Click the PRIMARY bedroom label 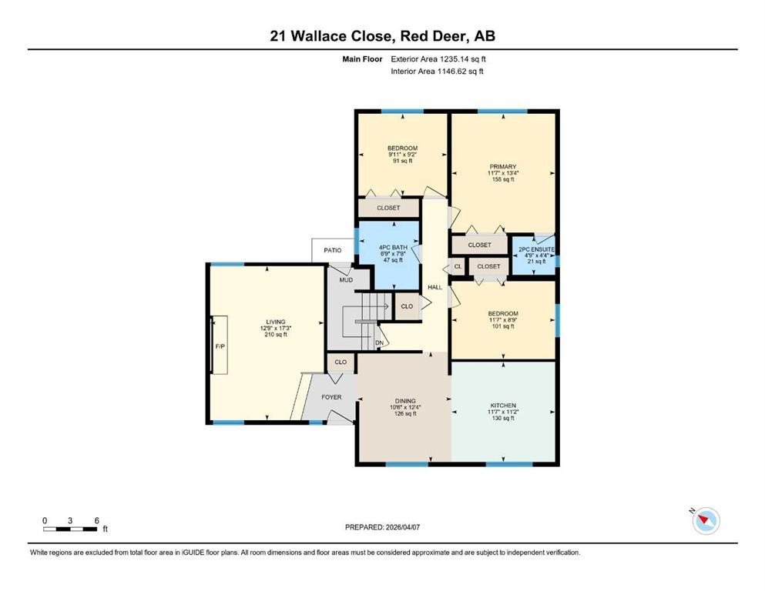[x=502, y=166]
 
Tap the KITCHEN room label [x=502, y=406]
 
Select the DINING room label [x=405, y=401]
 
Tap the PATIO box [x=332, y=250]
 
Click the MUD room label [x=346, y=279]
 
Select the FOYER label [x=332, y=397]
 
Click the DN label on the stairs [x=379, y=342]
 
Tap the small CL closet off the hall [x=457, y=266]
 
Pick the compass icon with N [x=705, y=520]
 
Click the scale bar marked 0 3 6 [x=71, y=528]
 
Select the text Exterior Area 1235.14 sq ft [x=438, y=58]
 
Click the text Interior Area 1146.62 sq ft [x=437, y=72]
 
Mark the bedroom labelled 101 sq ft [x=502, y=319]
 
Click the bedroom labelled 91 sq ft [x=402, y=154]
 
